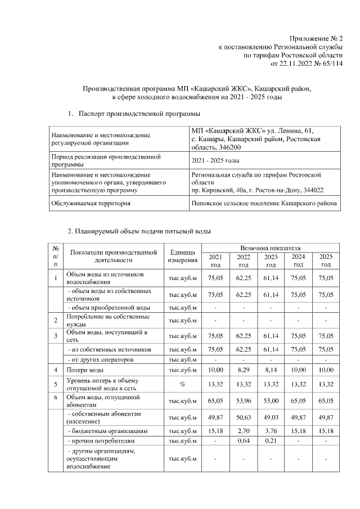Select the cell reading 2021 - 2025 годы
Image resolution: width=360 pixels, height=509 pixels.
tap(213, 161)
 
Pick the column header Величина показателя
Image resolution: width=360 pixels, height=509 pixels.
tap(271, 247)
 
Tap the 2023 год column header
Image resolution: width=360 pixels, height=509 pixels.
tap(271, 260)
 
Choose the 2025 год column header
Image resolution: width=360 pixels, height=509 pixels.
tap(326, 260)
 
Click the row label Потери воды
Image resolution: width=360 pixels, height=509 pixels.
tap(84, 370)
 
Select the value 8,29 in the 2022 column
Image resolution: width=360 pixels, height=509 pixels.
tap(243, 370)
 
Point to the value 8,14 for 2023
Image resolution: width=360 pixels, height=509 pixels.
tap(271, 370)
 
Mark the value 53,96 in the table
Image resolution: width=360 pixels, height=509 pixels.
tap(243, 401)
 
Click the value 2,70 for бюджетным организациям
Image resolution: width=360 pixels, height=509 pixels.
tap(243, 431)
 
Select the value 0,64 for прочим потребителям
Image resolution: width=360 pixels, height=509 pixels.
tap(243, 442)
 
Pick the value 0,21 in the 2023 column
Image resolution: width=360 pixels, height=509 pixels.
tap(271, 442)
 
